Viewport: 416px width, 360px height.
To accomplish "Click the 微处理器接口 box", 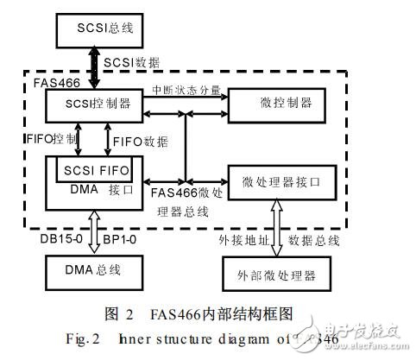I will [x=280, y=180].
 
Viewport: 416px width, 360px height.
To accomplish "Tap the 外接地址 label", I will [x=241, y=237].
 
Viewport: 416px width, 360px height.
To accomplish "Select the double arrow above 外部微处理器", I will [x=275, y=227].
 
